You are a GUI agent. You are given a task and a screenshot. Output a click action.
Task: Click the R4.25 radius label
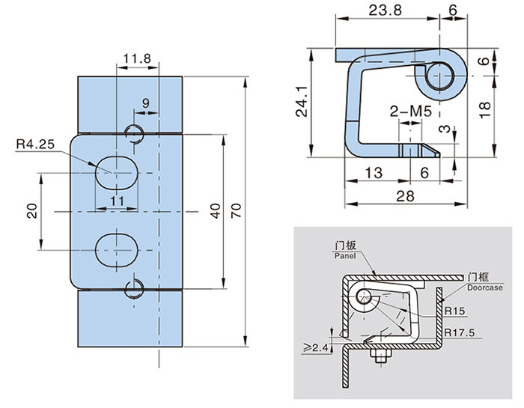pos(35,144)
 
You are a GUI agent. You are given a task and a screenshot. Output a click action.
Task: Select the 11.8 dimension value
pos(137,58)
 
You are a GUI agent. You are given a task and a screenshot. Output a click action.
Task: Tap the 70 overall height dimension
pos(237,211)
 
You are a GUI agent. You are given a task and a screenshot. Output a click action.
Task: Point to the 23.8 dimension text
pos(385,10)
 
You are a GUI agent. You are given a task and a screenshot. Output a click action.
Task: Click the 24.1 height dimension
pos(302,101)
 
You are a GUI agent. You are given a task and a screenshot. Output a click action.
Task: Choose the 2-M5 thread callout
pos(411,112)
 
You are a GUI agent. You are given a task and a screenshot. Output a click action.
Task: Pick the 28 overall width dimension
pos(405,196)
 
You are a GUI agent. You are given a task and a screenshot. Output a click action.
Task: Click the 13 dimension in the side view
pos(374,173)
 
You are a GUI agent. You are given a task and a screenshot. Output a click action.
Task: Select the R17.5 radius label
pos(459,332)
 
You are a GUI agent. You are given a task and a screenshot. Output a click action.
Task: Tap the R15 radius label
pos(454,311)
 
